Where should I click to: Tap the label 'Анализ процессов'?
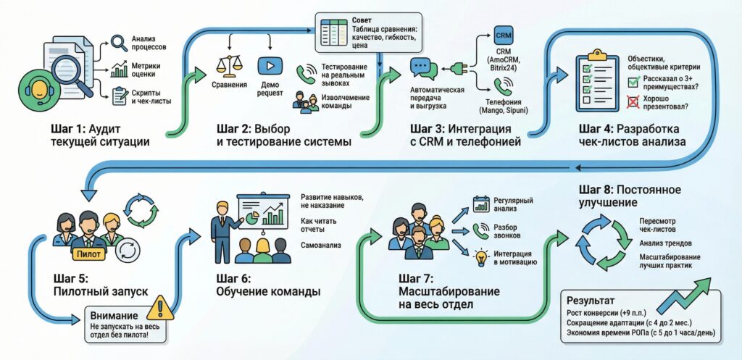149,42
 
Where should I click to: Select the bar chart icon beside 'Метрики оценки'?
120,70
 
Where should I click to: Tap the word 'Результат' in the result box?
593,299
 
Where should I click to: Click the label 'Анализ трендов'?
665,243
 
